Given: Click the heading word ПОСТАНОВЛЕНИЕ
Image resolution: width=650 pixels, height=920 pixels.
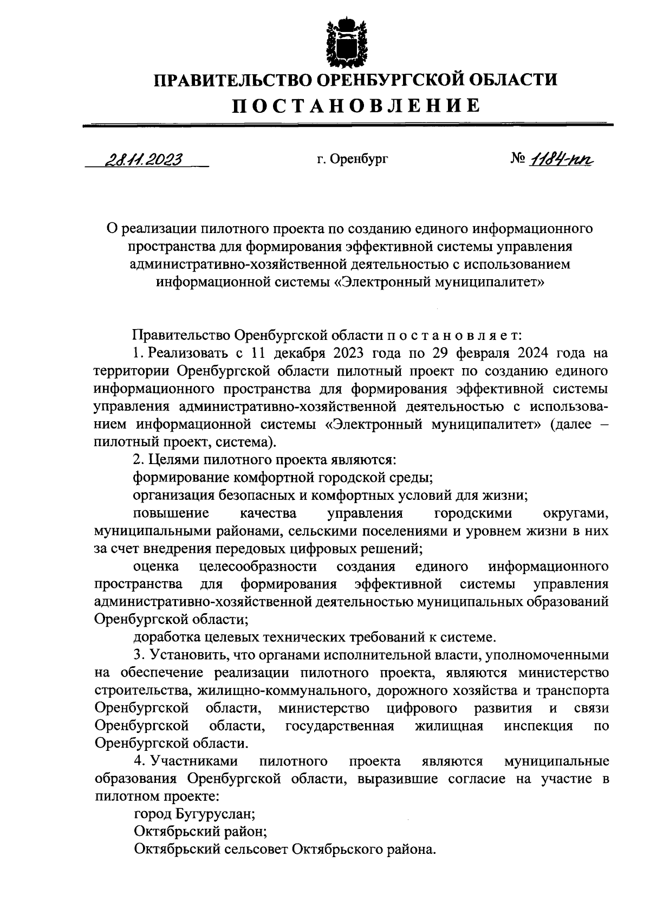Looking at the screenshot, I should (x=356, y=106).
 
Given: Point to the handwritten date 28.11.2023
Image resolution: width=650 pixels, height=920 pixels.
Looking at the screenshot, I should (x=143, y=159).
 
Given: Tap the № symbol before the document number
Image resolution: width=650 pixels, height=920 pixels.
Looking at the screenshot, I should (x=519, y=159).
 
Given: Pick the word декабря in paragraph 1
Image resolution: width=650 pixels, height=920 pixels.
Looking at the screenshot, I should (x=299, y=354).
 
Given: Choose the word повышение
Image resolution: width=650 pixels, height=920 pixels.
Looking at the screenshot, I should (x=171, y=513).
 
